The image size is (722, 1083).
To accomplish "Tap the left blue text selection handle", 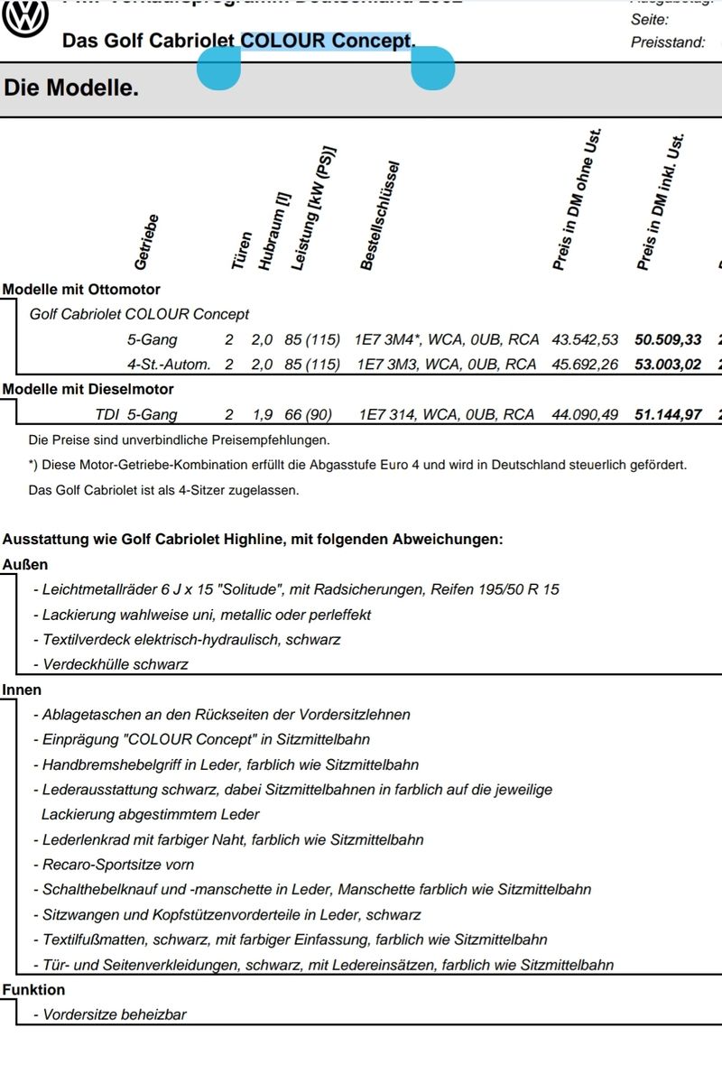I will (x=218, y=69).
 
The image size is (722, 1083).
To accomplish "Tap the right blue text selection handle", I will (x=432, y=69).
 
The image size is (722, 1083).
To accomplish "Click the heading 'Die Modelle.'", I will (x=71, y=88).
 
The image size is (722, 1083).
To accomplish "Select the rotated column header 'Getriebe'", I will (x=146, y=242).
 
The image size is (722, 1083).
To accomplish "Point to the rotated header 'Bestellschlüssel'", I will (x=379, y=217).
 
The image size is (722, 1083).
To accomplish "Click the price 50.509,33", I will (x=668, y=340).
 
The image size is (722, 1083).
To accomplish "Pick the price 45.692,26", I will (x=585, y=365).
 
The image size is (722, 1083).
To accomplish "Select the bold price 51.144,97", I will (x=668, y=415).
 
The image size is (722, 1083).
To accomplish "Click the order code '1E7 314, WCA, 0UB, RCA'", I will (x=446, y=415).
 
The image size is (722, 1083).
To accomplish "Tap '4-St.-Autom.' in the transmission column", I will (x=169, y=365).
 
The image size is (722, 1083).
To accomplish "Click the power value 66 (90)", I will (x=308, y=415).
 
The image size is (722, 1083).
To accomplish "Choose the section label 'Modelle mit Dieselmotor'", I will (x=88, y=389).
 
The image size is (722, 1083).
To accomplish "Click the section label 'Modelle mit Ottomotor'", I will (x=81, y=290).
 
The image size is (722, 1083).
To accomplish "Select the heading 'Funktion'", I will (x=33, y=990).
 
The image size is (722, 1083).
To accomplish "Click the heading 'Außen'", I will (x=25, y=565).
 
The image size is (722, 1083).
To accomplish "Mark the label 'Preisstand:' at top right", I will (x=668, y=42).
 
